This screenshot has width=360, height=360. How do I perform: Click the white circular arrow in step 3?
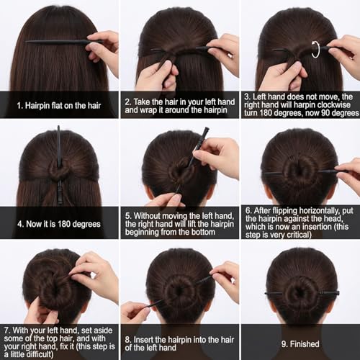point(315,50)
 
